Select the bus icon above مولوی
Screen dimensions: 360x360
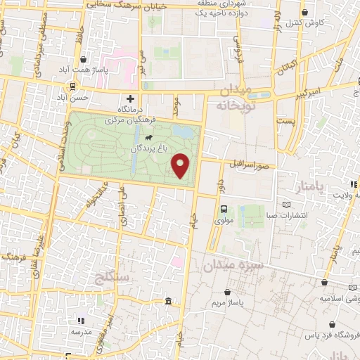[224, 209]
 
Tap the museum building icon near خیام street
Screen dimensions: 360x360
[168, 302]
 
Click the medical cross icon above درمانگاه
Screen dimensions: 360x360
[129, 99]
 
